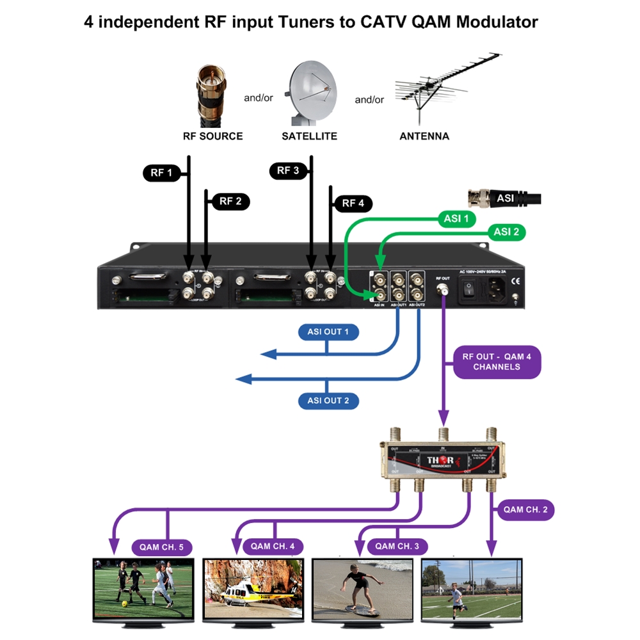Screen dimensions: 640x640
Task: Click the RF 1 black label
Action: point(161,173)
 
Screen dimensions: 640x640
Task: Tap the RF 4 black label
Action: point(353,204)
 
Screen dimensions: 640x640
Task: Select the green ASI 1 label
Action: point(456,219)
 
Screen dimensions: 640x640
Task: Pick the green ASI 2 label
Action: point(506,232)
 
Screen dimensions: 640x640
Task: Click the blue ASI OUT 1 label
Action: point(328,332)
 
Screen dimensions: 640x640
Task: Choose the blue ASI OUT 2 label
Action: point(328,401)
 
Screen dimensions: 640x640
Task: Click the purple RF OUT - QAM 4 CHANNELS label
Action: point(497,362)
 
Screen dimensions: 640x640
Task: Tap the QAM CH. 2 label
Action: point(525,510)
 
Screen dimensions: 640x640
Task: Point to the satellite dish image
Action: point(312,93)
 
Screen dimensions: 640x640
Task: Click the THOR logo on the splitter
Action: point(441,461)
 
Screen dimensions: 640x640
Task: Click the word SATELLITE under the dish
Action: point(309,136)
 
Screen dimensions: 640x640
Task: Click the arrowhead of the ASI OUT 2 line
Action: point(244,380)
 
